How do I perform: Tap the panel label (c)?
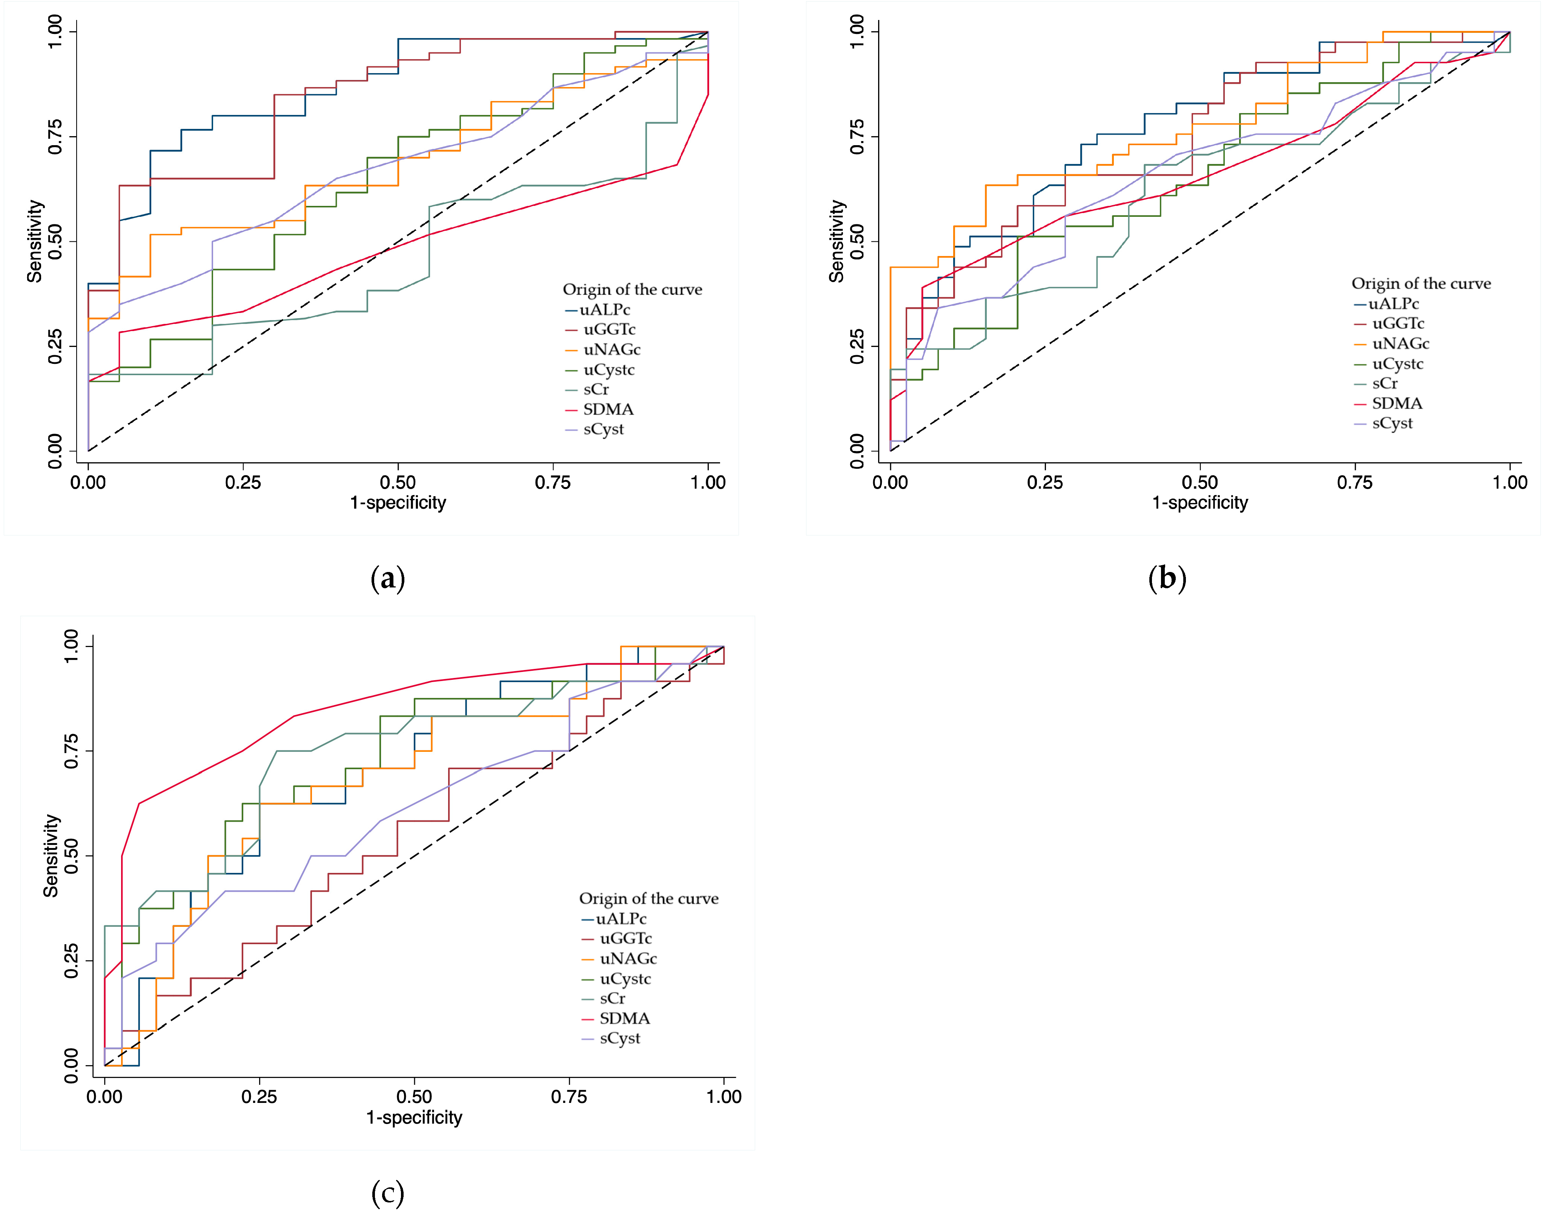tap(388, 1193)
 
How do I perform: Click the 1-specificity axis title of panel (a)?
tap(398, 503)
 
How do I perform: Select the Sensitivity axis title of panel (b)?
tap(837, 241)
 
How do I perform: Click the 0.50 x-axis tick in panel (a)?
tap(398, 482)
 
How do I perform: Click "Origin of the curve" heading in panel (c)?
tap(648, 899)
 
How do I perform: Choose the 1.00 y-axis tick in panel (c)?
tap(71, 646)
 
